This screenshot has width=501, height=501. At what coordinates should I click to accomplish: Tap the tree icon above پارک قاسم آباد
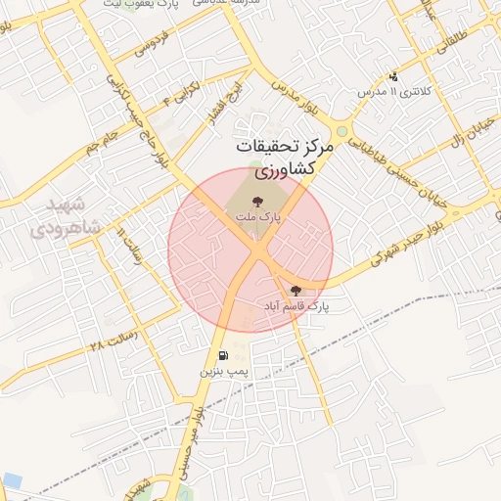pos(296,291)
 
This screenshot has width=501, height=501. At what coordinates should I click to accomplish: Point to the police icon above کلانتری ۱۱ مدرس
pos(393,75)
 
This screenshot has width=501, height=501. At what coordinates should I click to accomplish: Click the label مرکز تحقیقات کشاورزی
pos(285,157)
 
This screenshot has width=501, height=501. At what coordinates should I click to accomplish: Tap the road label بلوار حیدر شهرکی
pos(393,252)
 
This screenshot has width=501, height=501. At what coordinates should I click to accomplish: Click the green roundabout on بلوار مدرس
pos(342,131)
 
